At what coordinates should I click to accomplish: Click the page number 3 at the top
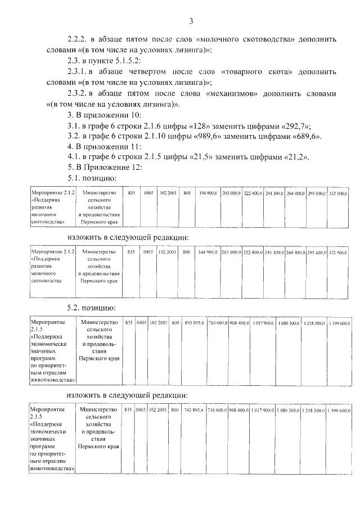pyautogui.click(x=191, y=21)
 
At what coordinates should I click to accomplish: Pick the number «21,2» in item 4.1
pyautogui.click(x=295, y=156)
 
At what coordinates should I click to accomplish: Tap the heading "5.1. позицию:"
pyautogui.click(x=91, y=177)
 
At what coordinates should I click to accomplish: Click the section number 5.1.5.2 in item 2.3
pyautogui.click(x=122, y=61)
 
